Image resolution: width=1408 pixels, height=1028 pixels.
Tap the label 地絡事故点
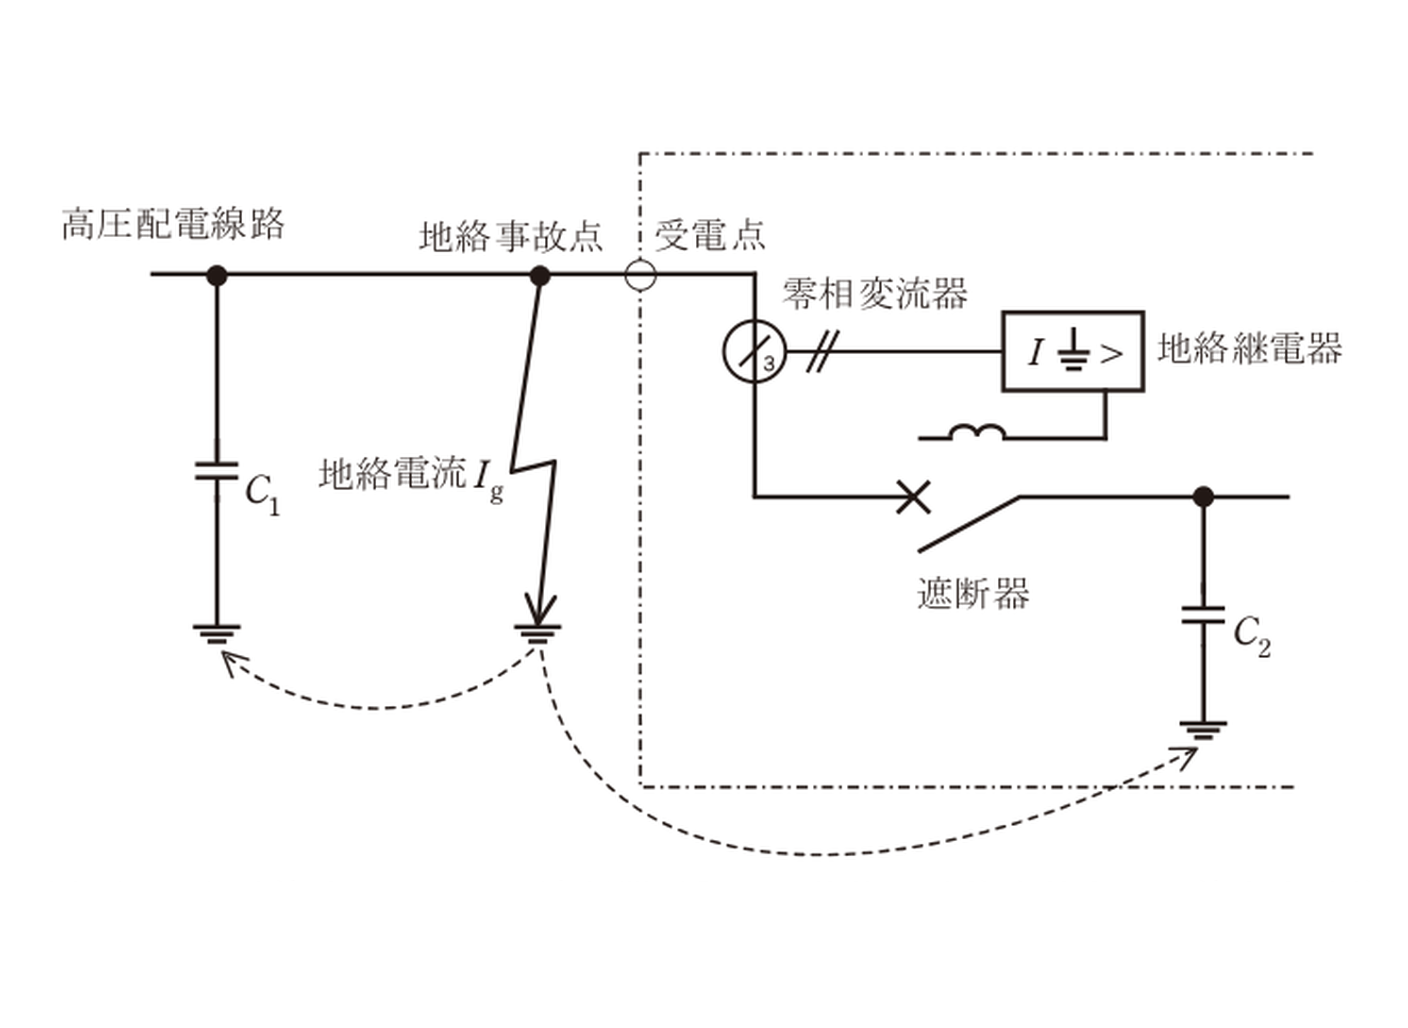coord(511,236)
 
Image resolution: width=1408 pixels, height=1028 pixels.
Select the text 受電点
coord(710,235)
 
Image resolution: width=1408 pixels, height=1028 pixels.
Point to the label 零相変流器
coord(874,293)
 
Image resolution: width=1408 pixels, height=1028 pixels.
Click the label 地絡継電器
coord(1249,348)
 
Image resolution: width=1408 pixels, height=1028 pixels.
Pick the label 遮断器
coord(973,593)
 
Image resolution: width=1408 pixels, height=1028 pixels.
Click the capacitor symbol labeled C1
coord(216,471)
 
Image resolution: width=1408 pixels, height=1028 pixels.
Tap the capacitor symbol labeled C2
coord(1203,615)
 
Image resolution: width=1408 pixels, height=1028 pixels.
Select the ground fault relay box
coord(1073,351)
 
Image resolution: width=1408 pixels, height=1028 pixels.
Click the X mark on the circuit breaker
coord(913,498)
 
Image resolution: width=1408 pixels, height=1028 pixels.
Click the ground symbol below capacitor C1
coord(216,634)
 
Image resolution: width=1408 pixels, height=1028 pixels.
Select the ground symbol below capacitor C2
coord(1203,730)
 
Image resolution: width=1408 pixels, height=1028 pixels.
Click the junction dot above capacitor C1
coord(217,275)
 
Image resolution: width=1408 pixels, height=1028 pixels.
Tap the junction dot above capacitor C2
coord(1203,497)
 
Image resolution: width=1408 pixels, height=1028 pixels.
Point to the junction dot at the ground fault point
coord(540,275)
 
